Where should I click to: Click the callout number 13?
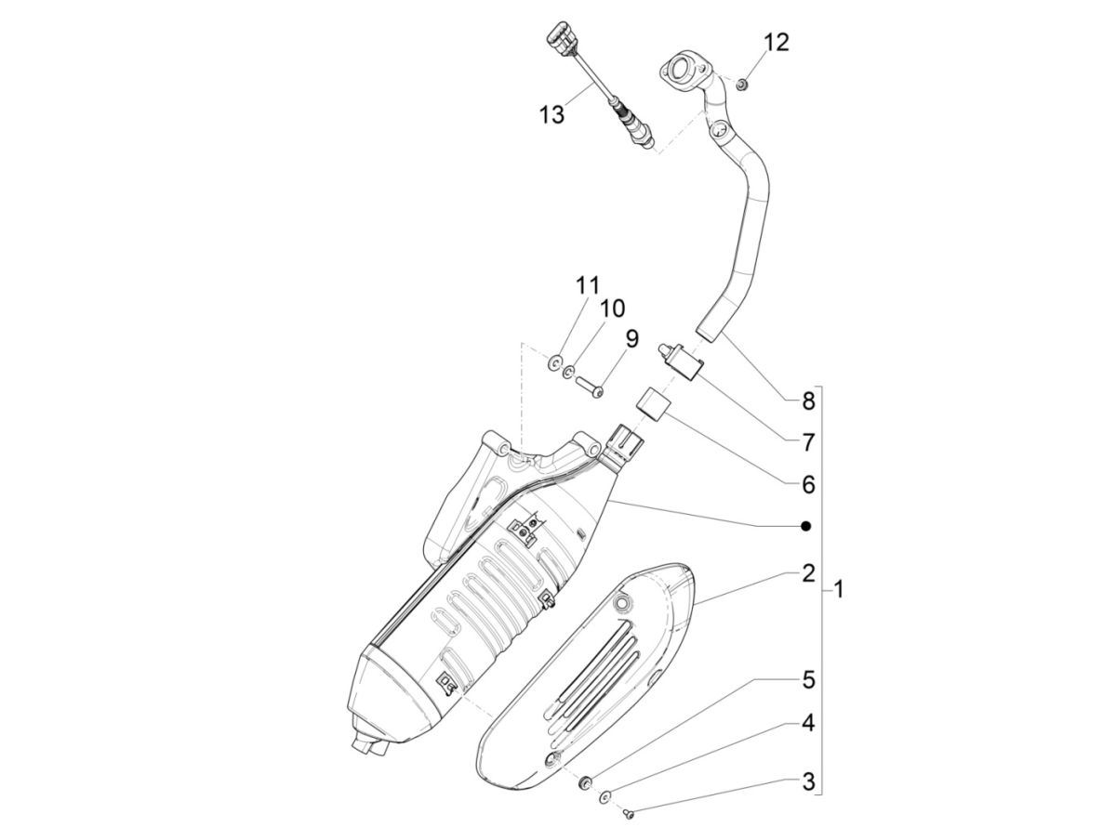click(x=551, y=114)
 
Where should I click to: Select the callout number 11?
click(x=587, y=285)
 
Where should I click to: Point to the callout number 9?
click(x=631, y=338)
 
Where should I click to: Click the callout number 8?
click(x=807, y=401)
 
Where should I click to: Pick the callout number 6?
click(x=807, y=484)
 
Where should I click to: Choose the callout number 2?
click(x=807, y=573)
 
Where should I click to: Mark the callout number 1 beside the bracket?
click(x=838, y=589)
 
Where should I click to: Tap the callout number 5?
click(x=807, y=680)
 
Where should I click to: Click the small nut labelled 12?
click(x=742, y=85)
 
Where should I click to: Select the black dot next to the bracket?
click(x=806, y=527)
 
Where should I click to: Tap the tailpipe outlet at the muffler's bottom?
click(x=367, y=743)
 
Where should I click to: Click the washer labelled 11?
click(x=555, y=361)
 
